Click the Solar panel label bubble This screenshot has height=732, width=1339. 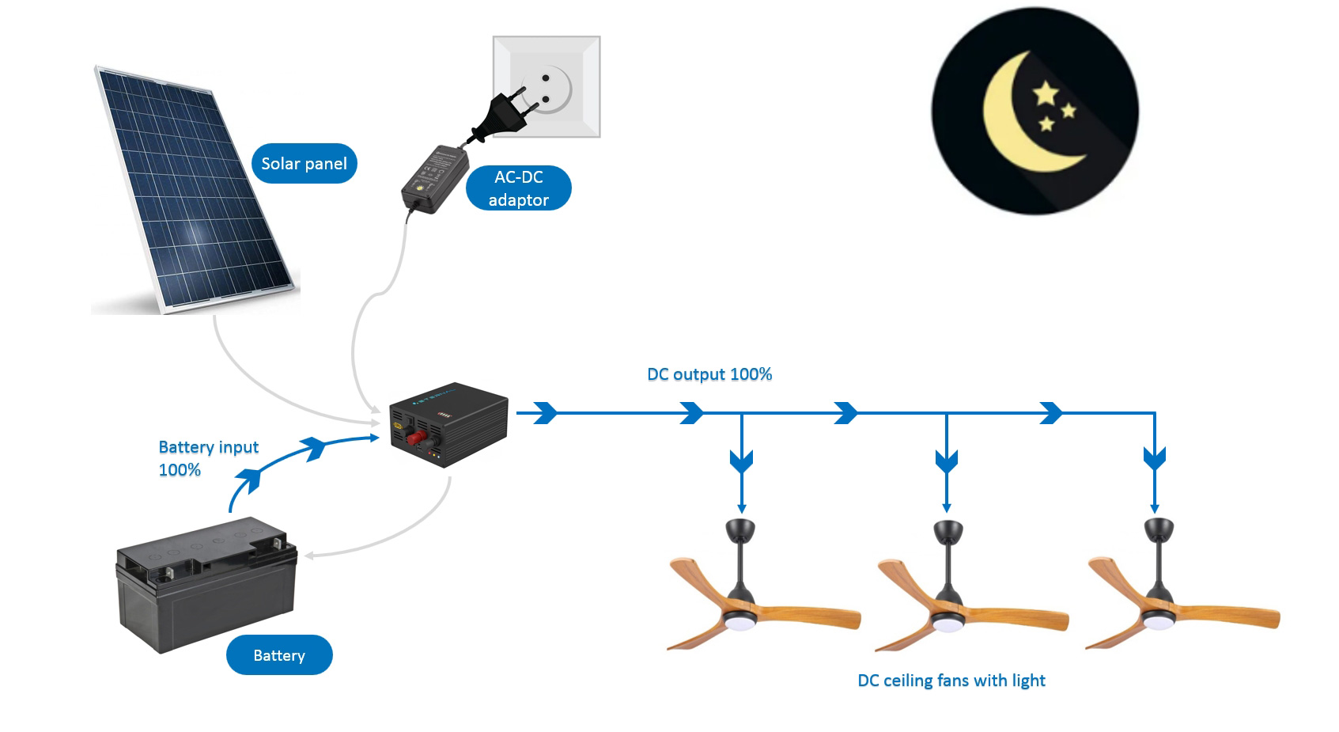(304, 164)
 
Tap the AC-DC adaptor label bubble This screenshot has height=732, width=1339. (518, 188)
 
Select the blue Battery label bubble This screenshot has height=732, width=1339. (279, 655)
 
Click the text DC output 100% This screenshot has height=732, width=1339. (709, 374)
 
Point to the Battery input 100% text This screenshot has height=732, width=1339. (208, 458)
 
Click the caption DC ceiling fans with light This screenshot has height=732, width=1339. (951, 681)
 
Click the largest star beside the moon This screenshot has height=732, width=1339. (1046, 93)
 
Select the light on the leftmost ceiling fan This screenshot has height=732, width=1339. (740, 623)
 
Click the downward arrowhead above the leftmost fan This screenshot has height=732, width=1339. (741, 460)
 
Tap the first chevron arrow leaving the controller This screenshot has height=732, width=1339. (546, 412)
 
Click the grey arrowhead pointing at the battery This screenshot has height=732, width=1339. (309, 556)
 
